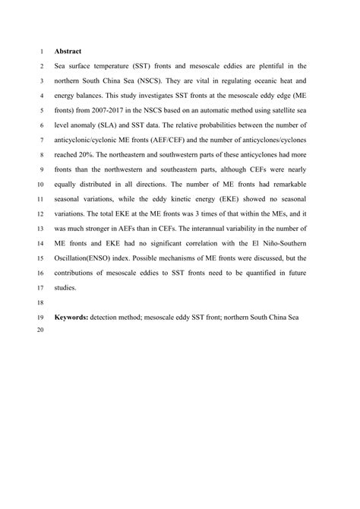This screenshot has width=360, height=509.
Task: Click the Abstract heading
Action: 68,52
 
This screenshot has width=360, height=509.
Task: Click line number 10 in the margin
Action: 39,191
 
